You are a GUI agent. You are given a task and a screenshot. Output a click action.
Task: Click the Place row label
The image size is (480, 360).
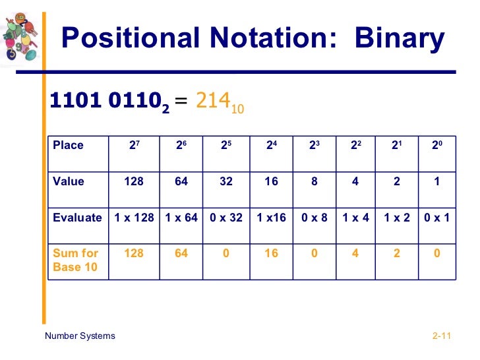tap(69, 145)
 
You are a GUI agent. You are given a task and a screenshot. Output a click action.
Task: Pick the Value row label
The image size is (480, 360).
tap(69, 181)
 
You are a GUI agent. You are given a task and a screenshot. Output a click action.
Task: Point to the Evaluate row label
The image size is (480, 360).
tap(77, 218)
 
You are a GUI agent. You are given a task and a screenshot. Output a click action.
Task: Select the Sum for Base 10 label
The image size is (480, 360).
tap(75, 260)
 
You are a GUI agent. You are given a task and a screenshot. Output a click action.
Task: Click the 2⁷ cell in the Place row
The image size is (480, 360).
tap(135, 145)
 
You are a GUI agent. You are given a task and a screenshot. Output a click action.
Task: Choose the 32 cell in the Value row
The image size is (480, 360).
tap(226, 181)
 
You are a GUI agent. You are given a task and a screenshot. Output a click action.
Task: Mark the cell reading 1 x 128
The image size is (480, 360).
tap(135, 218)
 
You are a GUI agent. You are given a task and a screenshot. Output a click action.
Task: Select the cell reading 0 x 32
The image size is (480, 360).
tap(226, 218)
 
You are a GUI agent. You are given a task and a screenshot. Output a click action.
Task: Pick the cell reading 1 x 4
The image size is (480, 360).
tap(355, 218)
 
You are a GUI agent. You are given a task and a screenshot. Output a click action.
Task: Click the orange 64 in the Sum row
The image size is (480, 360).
tap(181, 253)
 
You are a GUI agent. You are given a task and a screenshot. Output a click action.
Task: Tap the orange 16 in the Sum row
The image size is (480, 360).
tap(271, 253)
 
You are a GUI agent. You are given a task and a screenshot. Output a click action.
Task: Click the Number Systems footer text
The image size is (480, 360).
tap(80, 336)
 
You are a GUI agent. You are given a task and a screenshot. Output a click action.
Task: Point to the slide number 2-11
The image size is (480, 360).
tap(440, 336)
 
